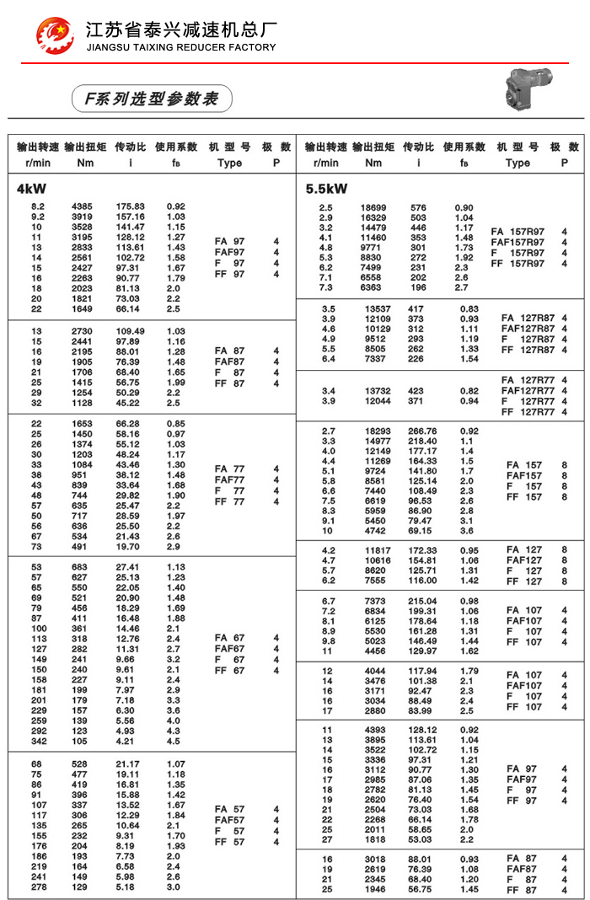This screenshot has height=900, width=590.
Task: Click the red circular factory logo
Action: (x=55, y=34)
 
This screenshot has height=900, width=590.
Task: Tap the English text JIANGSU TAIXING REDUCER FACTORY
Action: (x=181, y=47)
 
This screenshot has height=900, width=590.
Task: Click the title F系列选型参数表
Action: (x=146, y=99)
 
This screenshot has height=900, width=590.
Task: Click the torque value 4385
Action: (x=83, y=206)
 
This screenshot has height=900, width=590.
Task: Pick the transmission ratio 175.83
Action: (x=131, y=206)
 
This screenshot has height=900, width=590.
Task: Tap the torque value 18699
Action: (x=373, y=207)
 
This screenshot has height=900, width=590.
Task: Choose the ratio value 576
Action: (x=418, y=207)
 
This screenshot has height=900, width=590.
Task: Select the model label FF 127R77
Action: (x=524, y=412)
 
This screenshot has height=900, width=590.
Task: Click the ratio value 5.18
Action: (x=126, y=887)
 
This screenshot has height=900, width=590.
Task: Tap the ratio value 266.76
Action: (x=422, y=431)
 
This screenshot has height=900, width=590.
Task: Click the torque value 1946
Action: (x=376, y=889)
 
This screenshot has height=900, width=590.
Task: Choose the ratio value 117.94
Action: (x=422, y=671)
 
